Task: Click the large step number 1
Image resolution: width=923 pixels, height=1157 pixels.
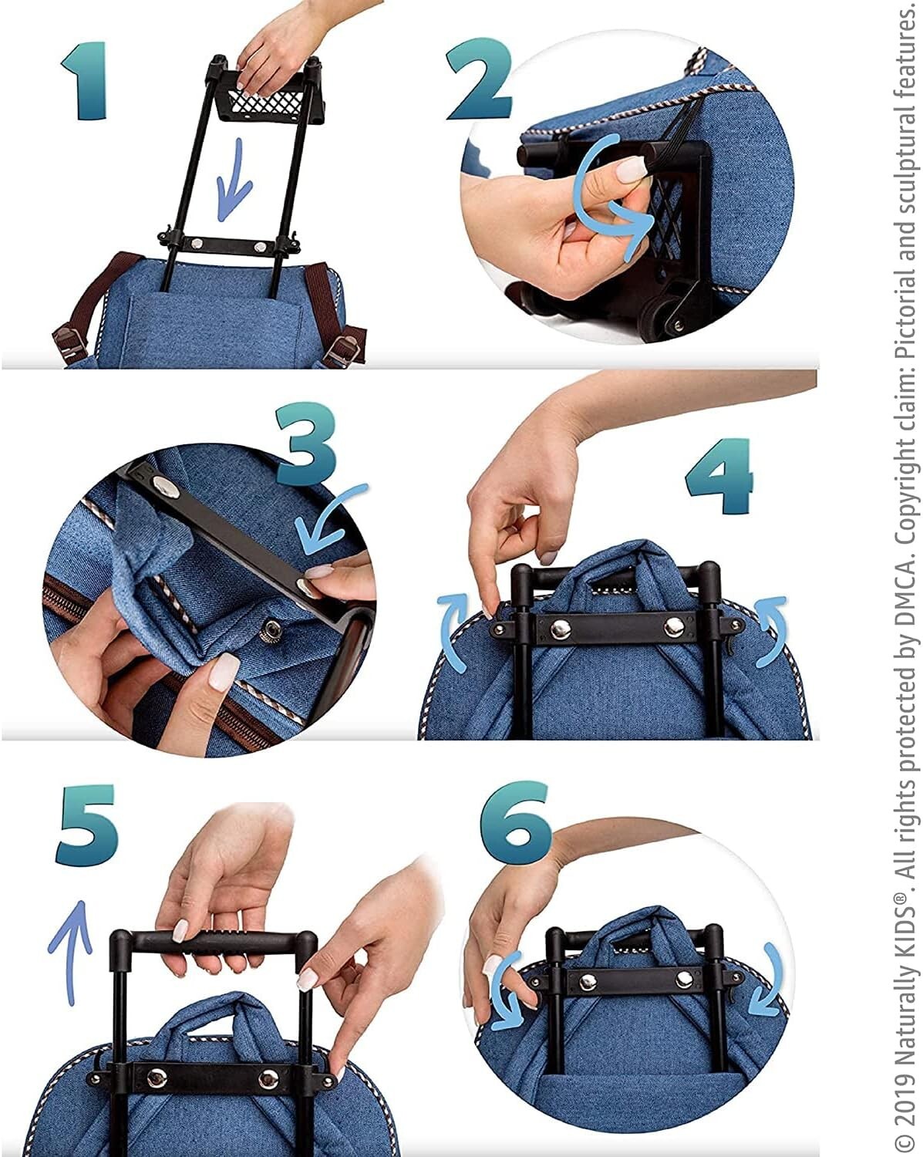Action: pos(84,81)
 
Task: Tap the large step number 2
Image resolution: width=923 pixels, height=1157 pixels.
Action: pos(480,79)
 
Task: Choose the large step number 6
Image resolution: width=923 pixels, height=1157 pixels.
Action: pos(516,821)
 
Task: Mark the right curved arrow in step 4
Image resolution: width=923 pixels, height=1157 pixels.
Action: pos(771,632)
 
